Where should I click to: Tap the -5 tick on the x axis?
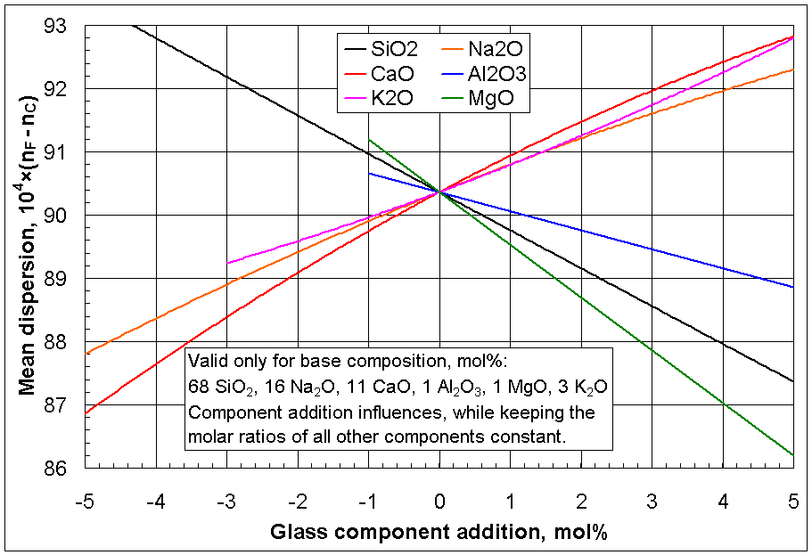coord(86,502)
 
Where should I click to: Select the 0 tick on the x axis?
coord(439,502)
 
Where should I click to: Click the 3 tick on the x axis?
coord(652,502)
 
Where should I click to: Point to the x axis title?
coord(439,532)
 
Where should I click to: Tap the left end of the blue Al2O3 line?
coord(369,173)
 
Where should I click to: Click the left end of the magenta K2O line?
coord(227,264)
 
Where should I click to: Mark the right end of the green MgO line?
coord(792,455)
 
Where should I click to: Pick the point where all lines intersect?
coord(439,192)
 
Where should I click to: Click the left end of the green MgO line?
coord(369,139)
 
